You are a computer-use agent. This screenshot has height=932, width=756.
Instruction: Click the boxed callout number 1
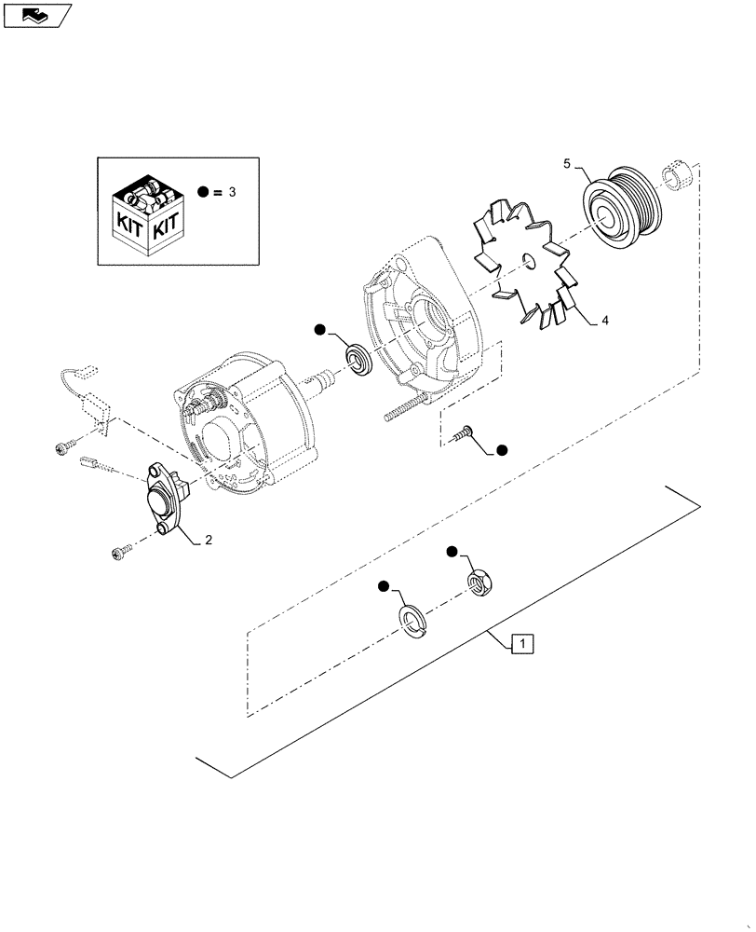click(522, 643)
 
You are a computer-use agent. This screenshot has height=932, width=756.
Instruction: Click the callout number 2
click(209, 540)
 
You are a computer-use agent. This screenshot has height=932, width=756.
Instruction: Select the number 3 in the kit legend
click(233, 192)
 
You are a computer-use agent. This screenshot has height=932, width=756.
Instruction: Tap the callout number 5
click(566, 164)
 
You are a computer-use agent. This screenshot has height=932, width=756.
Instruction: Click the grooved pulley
click(618, 209)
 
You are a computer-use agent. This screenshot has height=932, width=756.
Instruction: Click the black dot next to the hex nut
click(452, 553)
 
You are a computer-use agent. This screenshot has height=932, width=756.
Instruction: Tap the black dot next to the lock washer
click(384, 586)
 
